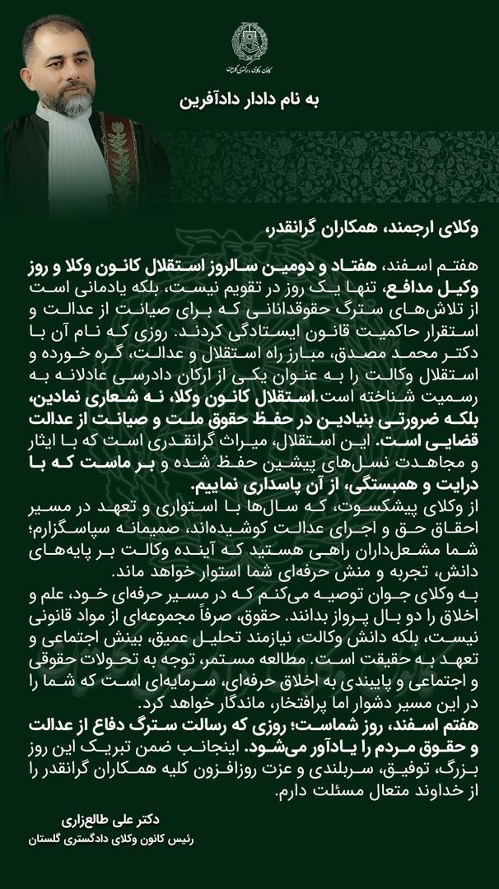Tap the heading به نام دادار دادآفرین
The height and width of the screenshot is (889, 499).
tap(249, 101)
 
